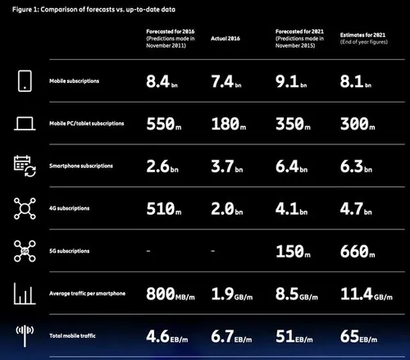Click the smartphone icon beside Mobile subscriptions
(24, 81)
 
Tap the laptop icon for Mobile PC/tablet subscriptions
(24, 123)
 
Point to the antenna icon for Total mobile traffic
(24, 333)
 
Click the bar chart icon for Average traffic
(24, 293)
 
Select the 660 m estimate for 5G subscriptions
(361, 249)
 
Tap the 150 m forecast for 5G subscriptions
(294, 249)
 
